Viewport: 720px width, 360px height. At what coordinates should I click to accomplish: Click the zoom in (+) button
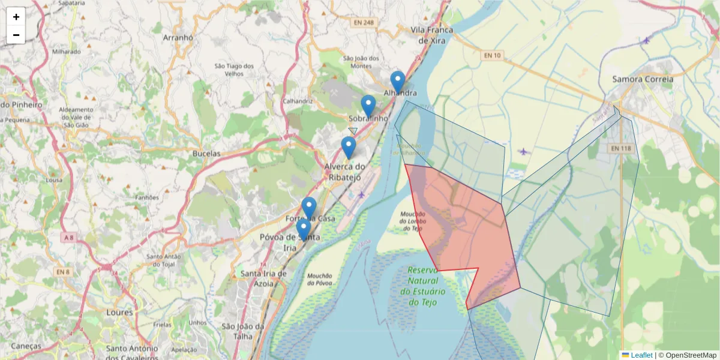16,17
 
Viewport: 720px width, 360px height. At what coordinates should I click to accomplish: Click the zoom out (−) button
16,35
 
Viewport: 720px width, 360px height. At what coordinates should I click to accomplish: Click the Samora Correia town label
643,79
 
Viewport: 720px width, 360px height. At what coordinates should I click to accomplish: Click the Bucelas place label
206,154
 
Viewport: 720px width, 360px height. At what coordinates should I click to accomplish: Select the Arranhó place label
178,37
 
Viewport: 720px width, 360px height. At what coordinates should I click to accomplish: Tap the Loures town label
119,313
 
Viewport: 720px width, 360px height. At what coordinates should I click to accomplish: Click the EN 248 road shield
364,23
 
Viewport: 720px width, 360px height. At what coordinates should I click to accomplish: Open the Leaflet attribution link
641,355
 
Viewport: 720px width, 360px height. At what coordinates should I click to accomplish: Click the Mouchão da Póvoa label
319,279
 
